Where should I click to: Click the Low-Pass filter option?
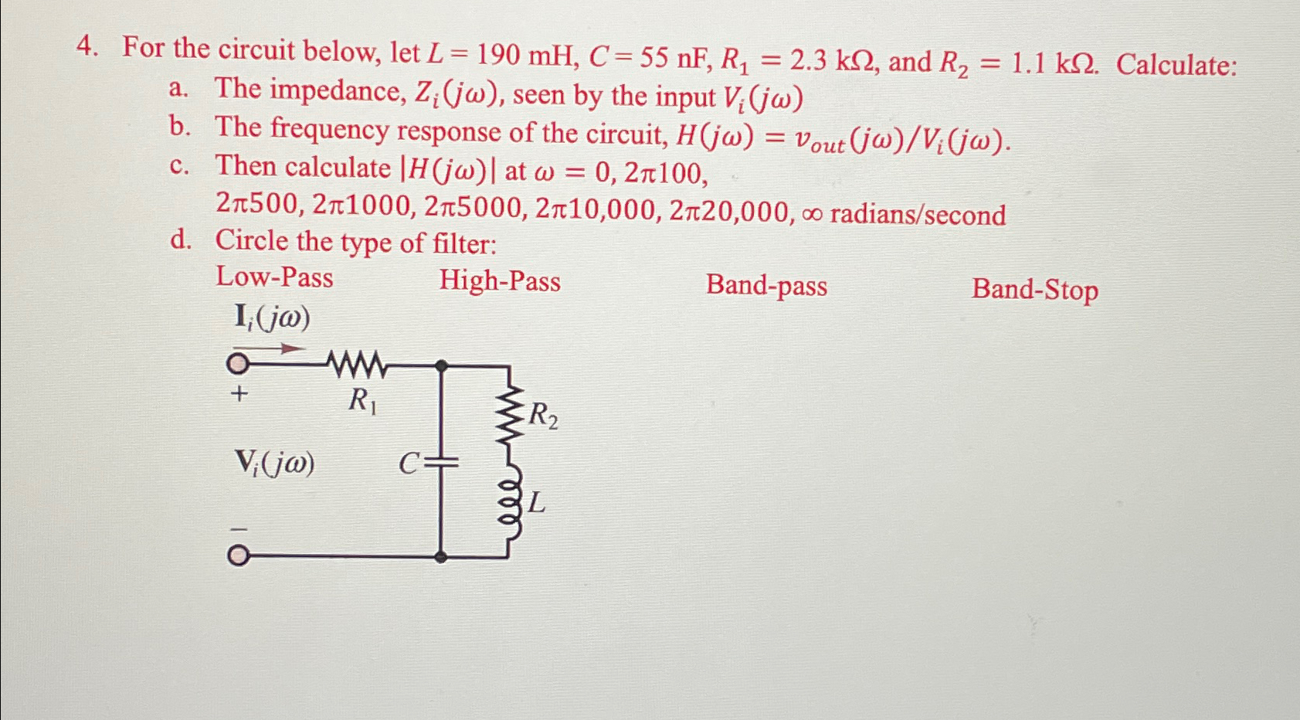(x=274, y=277)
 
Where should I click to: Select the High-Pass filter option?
(x=500, y=281)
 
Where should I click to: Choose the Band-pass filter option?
(x=766, y=286)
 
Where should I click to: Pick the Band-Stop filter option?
(x=1034, y=290)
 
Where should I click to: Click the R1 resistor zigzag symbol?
(x=356, y=364)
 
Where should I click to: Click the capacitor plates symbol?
(x=442, y=463)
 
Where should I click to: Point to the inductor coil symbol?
(x=510, y=507)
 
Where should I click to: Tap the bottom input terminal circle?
(x=238, y=556)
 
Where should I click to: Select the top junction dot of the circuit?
(x=441, y=365)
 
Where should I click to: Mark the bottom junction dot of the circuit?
(x=440, y=556)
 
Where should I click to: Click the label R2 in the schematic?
(x=543, y=416)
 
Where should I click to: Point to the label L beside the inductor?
(x=537, y=504)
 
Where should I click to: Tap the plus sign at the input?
(x=239, y=394)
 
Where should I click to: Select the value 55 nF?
(x=645, y=57)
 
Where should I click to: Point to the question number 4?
(x=87, y=48)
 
